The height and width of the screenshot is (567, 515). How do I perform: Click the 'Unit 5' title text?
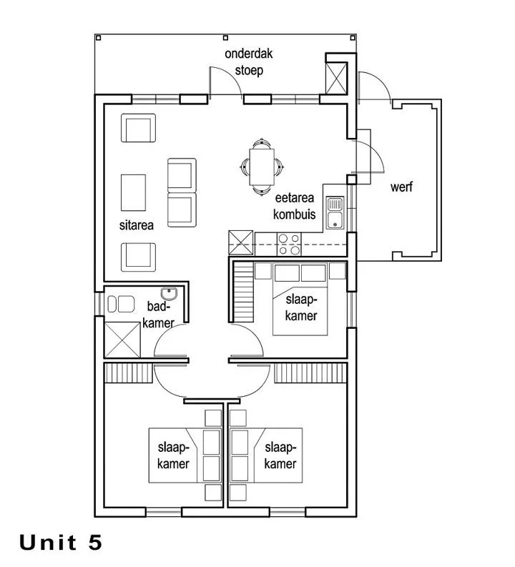coord(60,542)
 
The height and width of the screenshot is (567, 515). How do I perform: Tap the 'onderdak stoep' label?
coord(248,61)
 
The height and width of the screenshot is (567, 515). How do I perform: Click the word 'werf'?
coord(401,187)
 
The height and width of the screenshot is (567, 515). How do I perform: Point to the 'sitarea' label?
coord(137,225)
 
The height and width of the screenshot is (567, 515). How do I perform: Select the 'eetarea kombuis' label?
coord(295,206)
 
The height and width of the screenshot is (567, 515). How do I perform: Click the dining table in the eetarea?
coord(262,167)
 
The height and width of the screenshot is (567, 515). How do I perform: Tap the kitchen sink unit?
coord(335,213)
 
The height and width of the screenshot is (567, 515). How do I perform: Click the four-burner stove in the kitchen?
coord(289,244)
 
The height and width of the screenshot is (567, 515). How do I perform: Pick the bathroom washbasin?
coord(169,293)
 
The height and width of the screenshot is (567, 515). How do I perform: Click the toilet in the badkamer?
coord(121,304)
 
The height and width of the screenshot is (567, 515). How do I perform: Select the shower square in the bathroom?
coord(122,340)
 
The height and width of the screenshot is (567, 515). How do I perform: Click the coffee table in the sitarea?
coord(133,192)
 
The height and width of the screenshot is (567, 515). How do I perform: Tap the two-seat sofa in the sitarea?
coord(182,192)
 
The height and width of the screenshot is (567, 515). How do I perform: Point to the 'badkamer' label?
coord(158,314)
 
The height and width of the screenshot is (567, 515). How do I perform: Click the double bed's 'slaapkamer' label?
coord(301,307)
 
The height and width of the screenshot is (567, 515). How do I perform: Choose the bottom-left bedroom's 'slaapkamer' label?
coord(173,455)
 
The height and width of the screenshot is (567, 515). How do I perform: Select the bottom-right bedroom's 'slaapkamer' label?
coord(280,455)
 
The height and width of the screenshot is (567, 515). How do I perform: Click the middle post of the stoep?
coord(225,38)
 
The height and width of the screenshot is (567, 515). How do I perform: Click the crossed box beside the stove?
coord(241,242)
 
